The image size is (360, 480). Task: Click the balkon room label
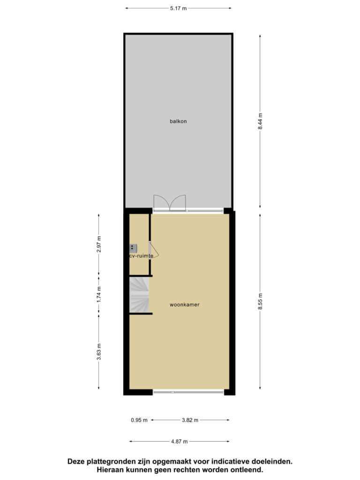coord(178,121)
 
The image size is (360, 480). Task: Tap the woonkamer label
coord(185,305)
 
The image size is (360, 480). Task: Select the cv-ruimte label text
coord(141,255)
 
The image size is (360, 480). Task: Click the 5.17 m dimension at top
coord(179,8)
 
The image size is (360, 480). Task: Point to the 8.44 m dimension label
coord(260,121)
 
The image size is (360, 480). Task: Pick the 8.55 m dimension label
coord(260,301)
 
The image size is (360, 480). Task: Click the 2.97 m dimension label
coord(98,244)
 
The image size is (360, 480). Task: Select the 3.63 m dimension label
coord(98,352)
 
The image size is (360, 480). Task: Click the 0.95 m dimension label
coord(139,420)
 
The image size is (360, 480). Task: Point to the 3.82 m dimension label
coord(190,420)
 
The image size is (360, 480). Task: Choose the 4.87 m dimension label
coord(180,442)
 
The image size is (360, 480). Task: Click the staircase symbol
coord(139,295)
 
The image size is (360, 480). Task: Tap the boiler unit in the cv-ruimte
coord(133,248)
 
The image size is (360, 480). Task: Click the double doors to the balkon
coord(170,203)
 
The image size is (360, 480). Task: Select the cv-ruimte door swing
coord(154,250)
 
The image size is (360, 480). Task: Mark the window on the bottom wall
coord(188,392)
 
